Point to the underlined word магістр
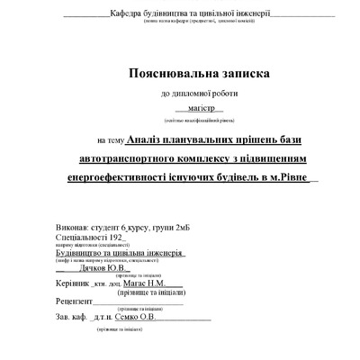pos(190,107)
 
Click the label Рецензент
pos(74,301)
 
